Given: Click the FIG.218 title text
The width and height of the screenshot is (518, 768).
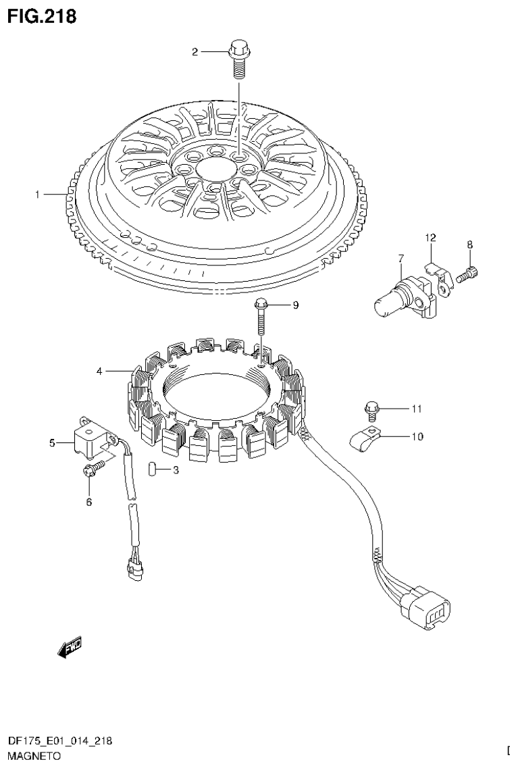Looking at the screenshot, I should (x=42, y=16).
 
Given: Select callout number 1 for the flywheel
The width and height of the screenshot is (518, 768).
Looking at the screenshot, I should (x=38, y=195).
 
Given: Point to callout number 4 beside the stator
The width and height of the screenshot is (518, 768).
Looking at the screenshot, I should (x=99, y=371).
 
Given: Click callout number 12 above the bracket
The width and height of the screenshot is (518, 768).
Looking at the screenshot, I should (x=430, y=237).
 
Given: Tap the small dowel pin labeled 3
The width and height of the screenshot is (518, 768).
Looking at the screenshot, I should (x=152, y=469).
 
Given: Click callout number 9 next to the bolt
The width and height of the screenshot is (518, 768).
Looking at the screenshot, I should (x=295, y=305).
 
